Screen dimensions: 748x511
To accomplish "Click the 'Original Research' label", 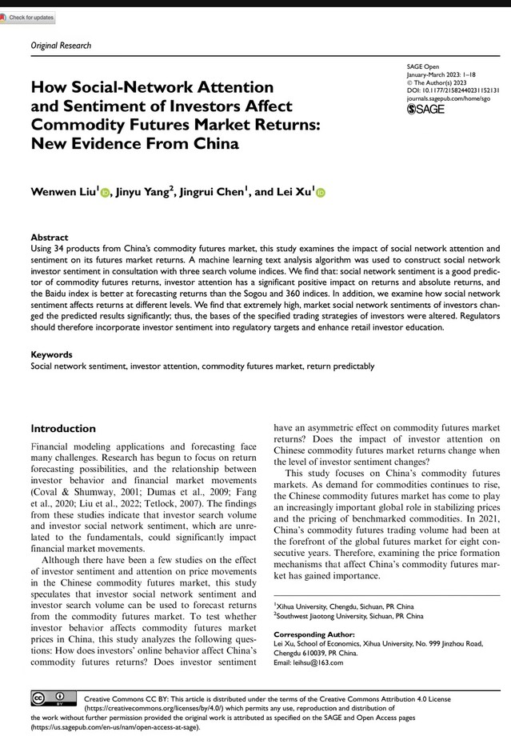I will pyautogui.click(x=61, y=46).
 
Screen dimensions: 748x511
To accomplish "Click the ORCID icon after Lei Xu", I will pyautogui.click(x=321, y=193).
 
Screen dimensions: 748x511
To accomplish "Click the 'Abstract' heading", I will pyautogui.click(x=50, y=238).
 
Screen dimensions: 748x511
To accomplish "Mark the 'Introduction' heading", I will pyautogui.click(x=63, y=429).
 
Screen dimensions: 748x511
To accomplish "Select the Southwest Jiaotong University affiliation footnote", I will pyautogui.click(x=349, y=616).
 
